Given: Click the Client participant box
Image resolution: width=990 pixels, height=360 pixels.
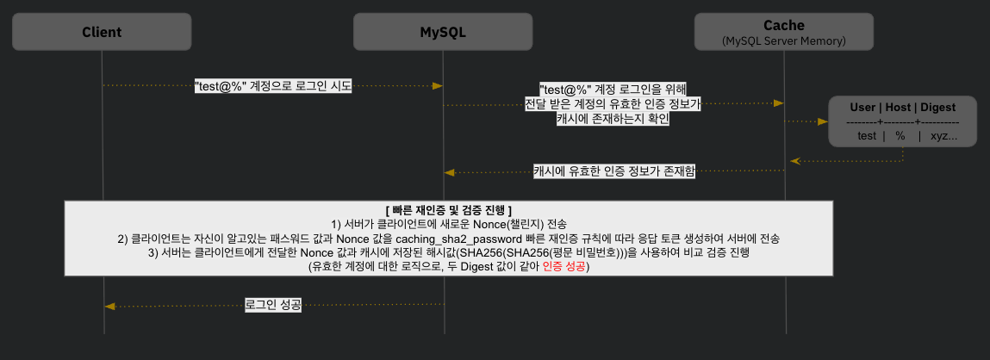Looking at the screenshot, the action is [x=102, y=32].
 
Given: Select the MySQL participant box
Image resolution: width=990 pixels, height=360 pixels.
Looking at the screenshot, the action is [x=443, y=32].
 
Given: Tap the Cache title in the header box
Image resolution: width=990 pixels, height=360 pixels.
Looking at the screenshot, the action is [x=783, y=26].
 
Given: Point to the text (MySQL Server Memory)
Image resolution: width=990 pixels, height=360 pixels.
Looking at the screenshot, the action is [x=783, y=41].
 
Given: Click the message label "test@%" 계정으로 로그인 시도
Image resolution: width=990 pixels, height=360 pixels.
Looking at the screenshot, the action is [x=273, y=87].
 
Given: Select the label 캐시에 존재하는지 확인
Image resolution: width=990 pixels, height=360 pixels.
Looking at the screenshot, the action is [x=613, y=120].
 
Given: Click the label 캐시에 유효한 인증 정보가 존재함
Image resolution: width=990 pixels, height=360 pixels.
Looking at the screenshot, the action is [x=614, y=171].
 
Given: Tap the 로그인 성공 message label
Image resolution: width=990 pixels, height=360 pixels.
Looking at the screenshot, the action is [x=273, y=306].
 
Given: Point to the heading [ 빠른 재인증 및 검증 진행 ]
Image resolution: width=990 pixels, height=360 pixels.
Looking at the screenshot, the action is [x=448, y=209].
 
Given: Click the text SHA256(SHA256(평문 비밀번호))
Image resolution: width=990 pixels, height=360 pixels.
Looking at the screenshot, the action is [x=523, y=252].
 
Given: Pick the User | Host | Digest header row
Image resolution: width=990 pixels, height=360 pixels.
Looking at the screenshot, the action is [x=903, y=108].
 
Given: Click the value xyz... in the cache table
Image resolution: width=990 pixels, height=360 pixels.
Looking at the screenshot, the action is [x=943, y=136].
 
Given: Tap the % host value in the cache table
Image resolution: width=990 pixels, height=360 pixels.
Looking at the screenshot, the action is [x=900, y=136].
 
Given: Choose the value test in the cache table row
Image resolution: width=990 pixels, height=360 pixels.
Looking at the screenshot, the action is [x=867, y=136].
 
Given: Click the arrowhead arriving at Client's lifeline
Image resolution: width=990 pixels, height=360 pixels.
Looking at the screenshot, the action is [x=109, y=306].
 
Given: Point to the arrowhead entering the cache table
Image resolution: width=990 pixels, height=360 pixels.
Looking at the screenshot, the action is [x=824, y=122].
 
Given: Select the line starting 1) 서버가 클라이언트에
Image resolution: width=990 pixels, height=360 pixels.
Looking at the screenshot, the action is [x=448, y=224].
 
